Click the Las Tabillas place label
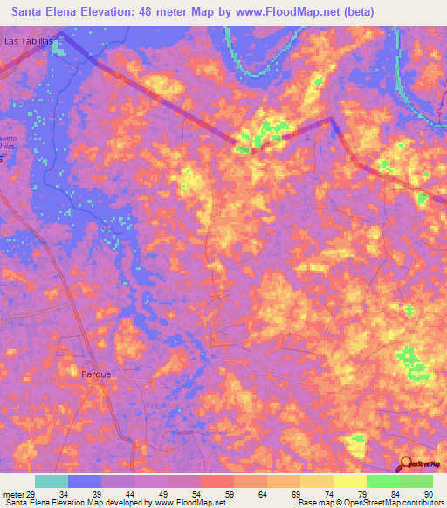tap(30, 41)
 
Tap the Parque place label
tap(96, 374)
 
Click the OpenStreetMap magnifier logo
tap(407, 463)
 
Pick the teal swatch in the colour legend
tap(52, 481)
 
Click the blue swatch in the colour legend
tap(85, 481)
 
